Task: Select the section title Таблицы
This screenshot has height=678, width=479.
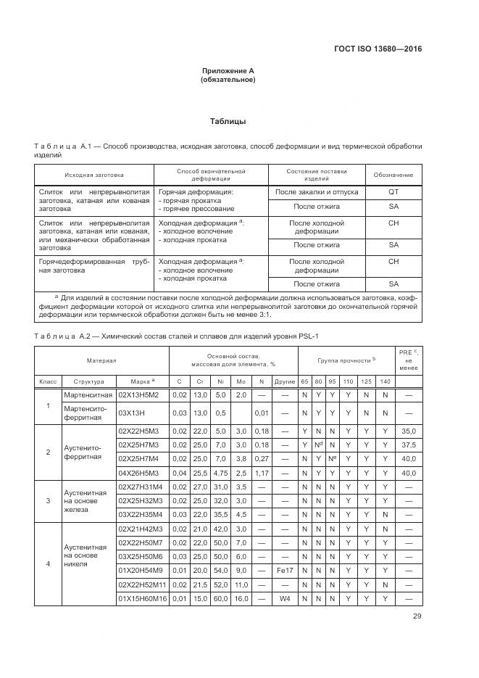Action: coord(228,121)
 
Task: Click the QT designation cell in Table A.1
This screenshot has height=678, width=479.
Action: coord(393,192)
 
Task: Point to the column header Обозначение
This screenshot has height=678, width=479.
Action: coord(393,175)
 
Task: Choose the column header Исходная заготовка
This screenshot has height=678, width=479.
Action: coord(93,175)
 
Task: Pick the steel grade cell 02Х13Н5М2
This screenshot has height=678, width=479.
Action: coord(143,394)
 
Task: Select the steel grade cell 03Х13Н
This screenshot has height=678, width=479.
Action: coord(143,413)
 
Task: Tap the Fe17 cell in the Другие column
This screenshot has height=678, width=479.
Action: coord(284,570)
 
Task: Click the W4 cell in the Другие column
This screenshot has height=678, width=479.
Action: coord(284,599)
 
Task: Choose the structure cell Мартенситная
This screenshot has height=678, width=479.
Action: coord(88,394)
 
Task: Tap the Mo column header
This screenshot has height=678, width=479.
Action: coord(241,381)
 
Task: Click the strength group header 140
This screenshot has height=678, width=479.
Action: coord(385,381)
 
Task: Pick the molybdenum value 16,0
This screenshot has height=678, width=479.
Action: coord(241,599)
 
